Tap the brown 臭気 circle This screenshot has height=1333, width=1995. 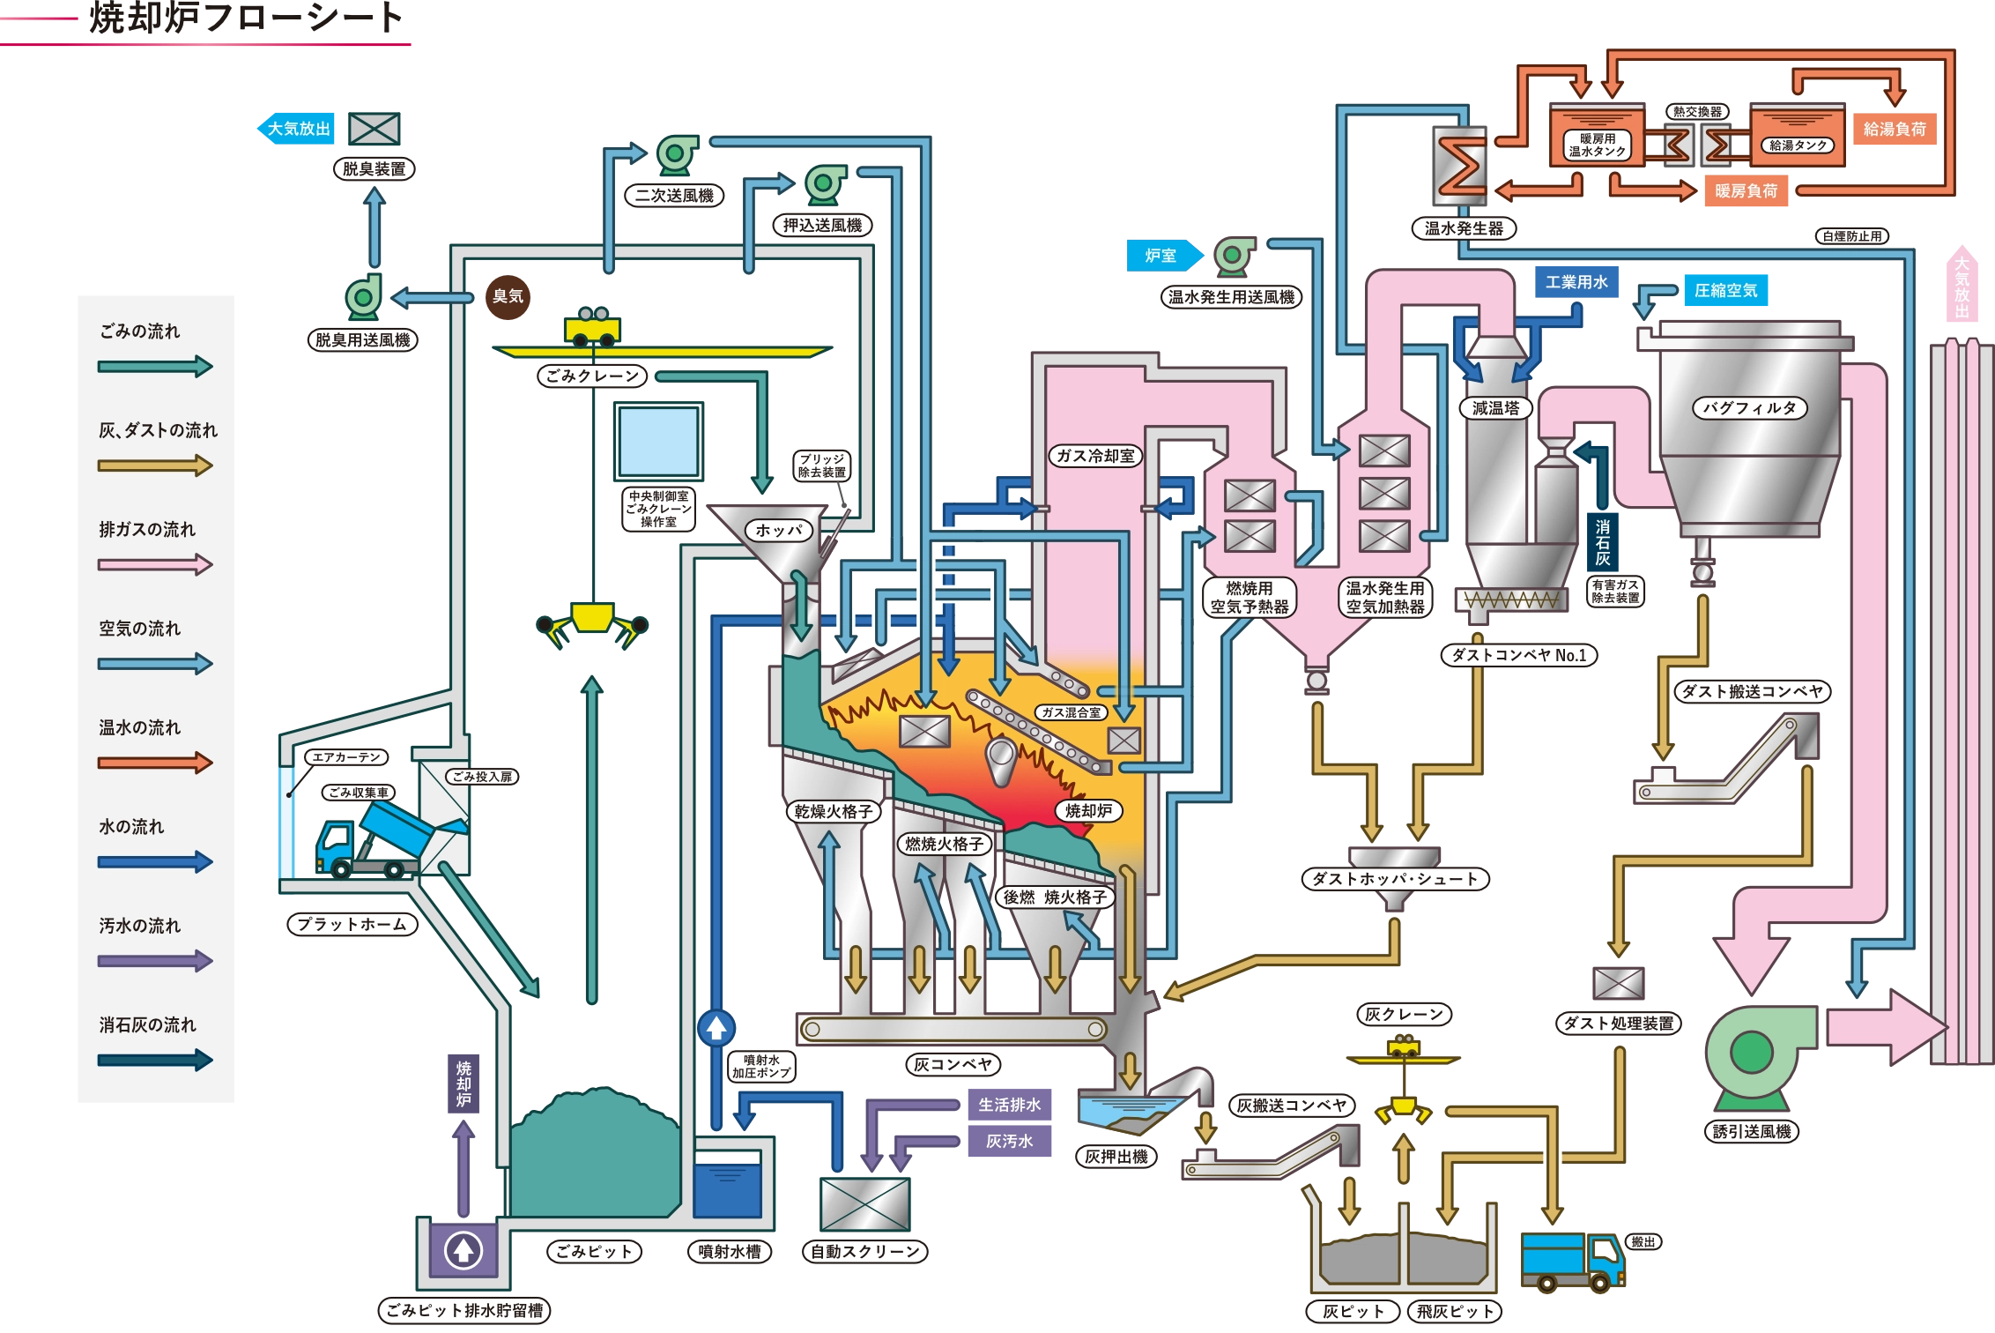pos(508,296)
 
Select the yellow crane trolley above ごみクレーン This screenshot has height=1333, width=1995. pos(591,327)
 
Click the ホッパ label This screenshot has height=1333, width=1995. pos(779,530)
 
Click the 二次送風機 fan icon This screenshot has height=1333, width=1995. pos(676,155)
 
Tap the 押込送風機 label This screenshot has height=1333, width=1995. pos(822,226)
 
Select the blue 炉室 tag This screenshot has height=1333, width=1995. pos(1161,256)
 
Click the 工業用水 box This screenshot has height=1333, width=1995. pos(1576,282)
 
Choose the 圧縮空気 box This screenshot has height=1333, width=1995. pos(1724,290)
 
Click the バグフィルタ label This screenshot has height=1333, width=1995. pos(1749,408)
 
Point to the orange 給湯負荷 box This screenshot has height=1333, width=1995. pos(1894,130)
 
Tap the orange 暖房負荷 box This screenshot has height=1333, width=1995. pos(1746,190)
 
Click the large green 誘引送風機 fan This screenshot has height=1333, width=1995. pos(1752,1053)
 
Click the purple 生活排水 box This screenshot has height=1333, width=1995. pos(1009,1105)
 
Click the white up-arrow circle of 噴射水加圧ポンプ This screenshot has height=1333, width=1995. pos(716,1028)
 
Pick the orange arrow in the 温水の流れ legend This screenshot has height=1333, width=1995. pos(155,763)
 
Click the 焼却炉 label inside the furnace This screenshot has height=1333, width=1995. pos(1088,811)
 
